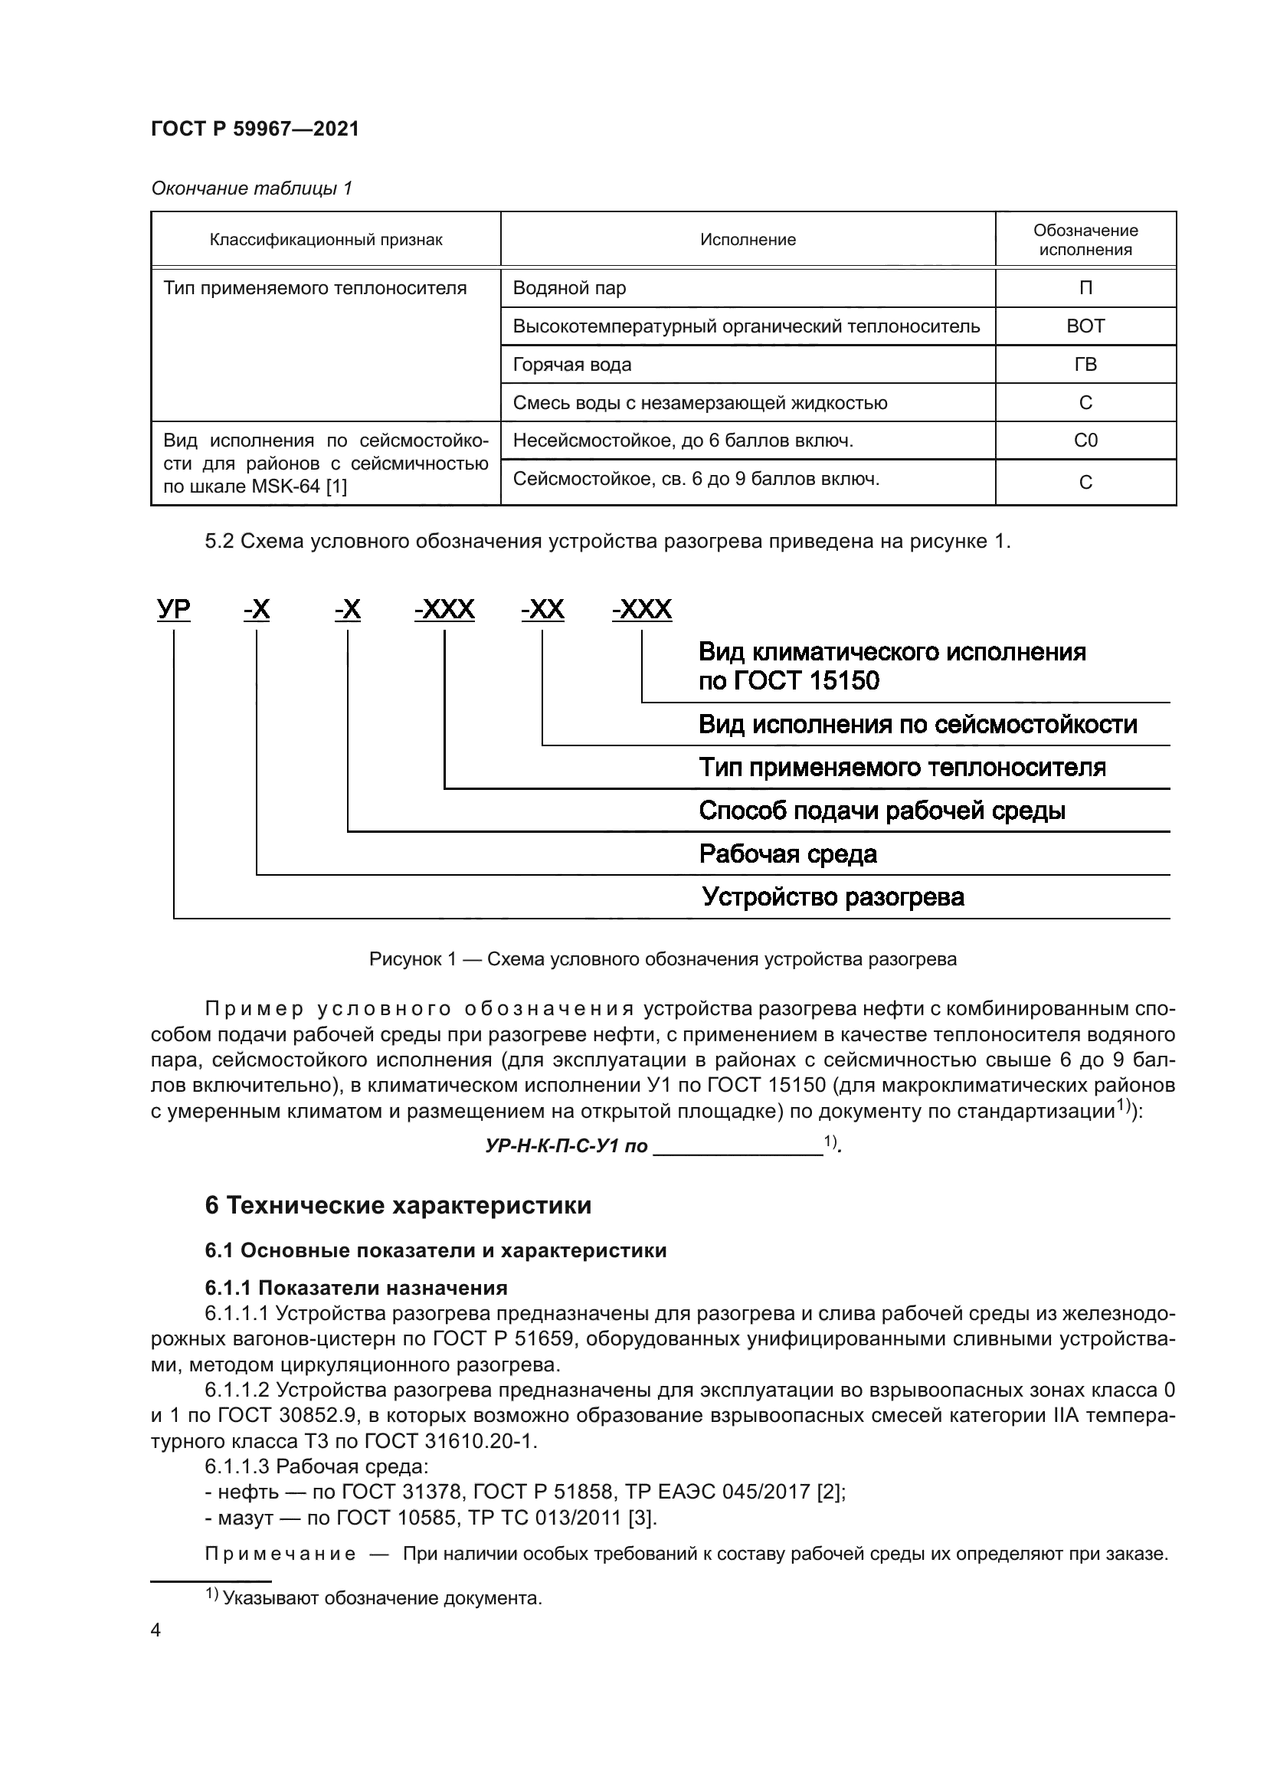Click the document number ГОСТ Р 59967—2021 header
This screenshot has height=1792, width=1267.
tap(255, 129)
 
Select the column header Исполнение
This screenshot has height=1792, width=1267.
tap(748, 240)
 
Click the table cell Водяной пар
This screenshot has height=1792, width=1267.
tap(569, 288)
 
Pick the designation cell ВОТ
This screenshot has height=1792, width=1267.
tap(1085, 326)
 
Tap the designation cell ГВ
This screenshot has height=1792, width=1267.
tap(1085, 365)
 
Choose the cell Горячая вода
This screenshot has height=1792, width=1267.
tap(572, 365)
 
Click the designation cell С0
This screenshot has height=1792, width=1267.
tap(1085, 441)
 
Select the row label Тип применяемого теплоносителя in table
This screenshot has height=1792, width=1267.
tap(315, 288)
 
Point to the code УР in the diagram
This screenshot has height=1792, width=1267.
tap(173, 609)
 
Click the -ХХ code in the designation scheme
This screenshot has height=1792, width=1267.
tap(543, 609)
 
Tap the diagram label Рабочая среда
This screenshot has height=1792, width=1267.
tap(787, 853)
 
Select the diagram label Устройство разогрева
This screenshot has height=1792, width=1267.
tap(833, 897)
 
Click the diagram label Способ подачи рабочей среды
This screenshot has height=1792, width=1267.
tap(882, 811)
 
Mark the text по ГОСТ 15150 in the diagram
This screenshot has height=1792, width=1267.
tap(788, 681)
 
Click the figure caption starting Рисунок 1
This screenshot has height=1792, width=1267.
tap(663, 959)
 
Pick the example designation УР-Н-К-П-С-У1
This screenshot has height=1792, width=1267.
tap(566, 1147)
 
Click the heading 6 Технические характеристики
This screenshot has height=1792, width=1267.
tap(398, 1206)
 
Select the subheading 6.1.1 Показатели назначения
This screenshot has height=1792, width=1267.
tap(355, 1288)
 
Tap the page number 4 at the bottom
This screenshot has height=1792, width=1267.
tap(156, 1630)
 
